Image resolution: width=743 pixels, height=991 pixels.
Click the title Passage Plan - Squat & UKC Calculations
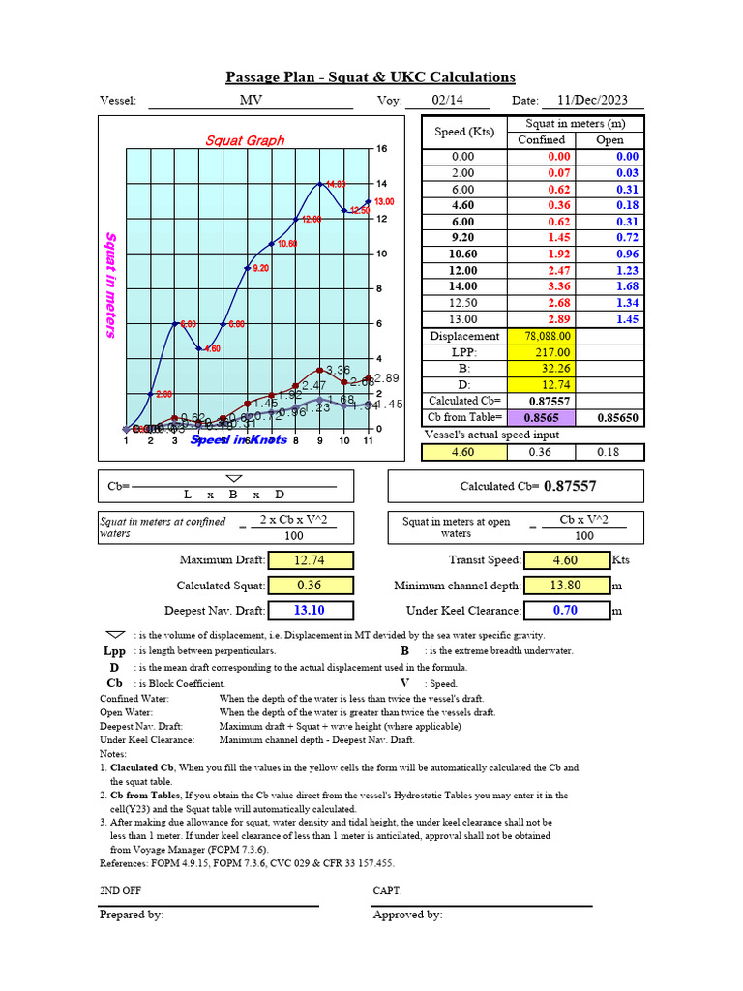point(371,77)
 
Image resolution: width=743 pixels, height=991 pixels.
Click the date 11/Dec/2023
point(592,101)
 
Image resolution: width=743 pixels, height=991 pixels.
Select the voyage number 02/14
point(447,101)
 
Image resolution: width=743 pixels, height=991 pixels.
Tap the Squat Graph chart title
point(245,140)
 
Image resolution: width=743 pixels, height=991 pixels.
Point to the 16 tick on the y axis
point(381,149)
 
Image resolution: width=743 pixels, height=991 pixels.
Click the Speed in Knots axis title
point(239,440)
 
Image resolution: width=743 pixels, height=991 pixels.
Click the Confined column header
point(541,140)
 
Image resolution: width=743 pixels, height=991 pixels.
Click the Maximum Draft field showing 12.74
point(311,560)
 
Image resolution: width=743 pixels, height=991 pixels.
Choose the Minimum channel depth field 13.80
point(566,586)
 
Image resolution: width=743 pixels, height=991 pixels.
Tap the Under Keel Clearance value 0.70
point(566,611)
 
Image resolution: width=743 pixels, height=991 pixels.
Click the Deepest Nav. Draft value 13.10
point(311,611)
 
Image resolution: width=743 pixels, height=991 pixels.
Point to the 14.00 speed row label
point(463,286)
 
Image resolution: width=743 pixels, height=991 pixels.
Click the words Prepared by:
point(132,915)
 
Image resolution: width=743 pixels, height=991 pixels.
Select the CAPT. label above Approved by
point(387,890)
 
